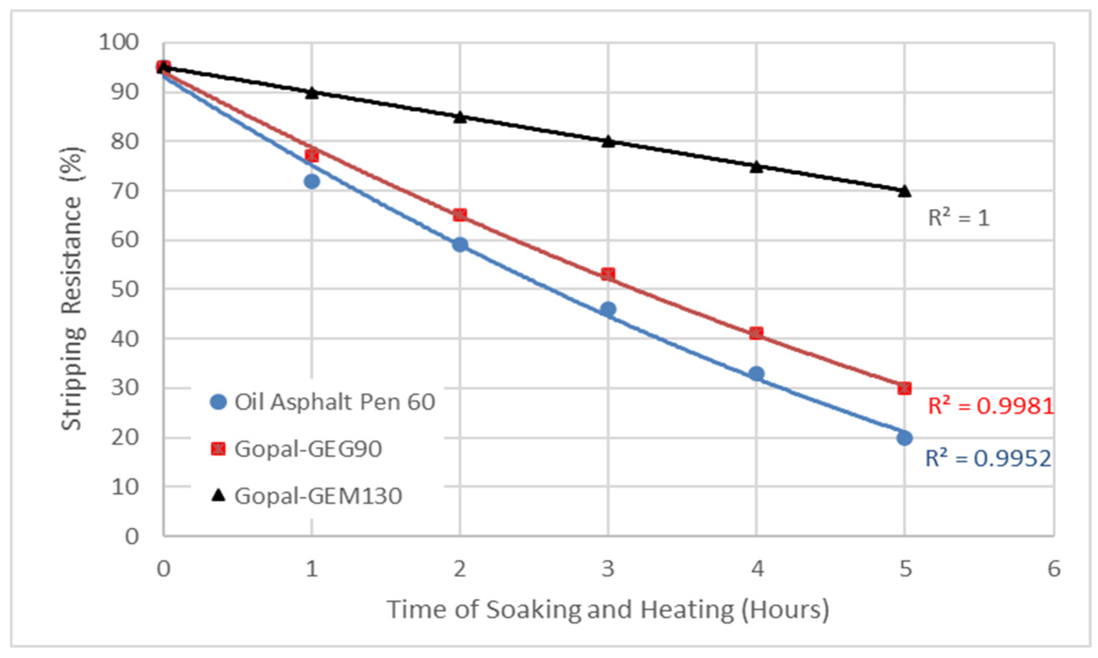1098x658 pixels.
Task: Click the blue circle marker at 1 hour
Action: click(x=312, y=181)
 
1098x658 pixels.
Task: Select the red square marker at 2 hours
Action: click(x=460, y=215)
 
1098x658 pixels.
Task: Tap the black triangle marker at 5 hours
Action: click(x=904, y=191)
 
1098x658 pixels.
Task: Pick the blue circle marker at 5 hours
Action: click(x=904, y=438)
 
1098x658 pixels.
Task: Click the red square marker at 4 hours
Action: click(x=756, y=333)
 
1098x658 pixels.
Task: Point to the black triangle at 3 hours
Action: click(x=608, y=141)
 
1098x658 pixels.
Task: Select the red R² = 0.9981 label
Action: click(x=990, y=406)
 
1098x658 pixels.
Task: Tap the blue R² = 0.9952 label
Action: click(x=988, y=458)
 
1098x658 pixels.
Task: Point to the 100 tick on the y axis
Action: click(x=119, y=43)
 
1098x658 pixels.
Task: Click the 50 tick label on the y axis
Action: click(x=125, y=289)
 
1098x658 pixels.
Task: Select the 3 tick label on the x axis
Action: click(x=608, y=569)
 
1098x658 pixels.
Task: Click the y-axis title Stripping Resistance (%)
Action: click(x=72, y=288)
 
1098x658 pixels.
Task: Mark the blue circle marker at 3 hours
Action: click(x=608, y=309)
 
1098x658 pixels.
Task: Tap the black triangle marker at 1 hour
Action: click(x=312, y=93)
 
